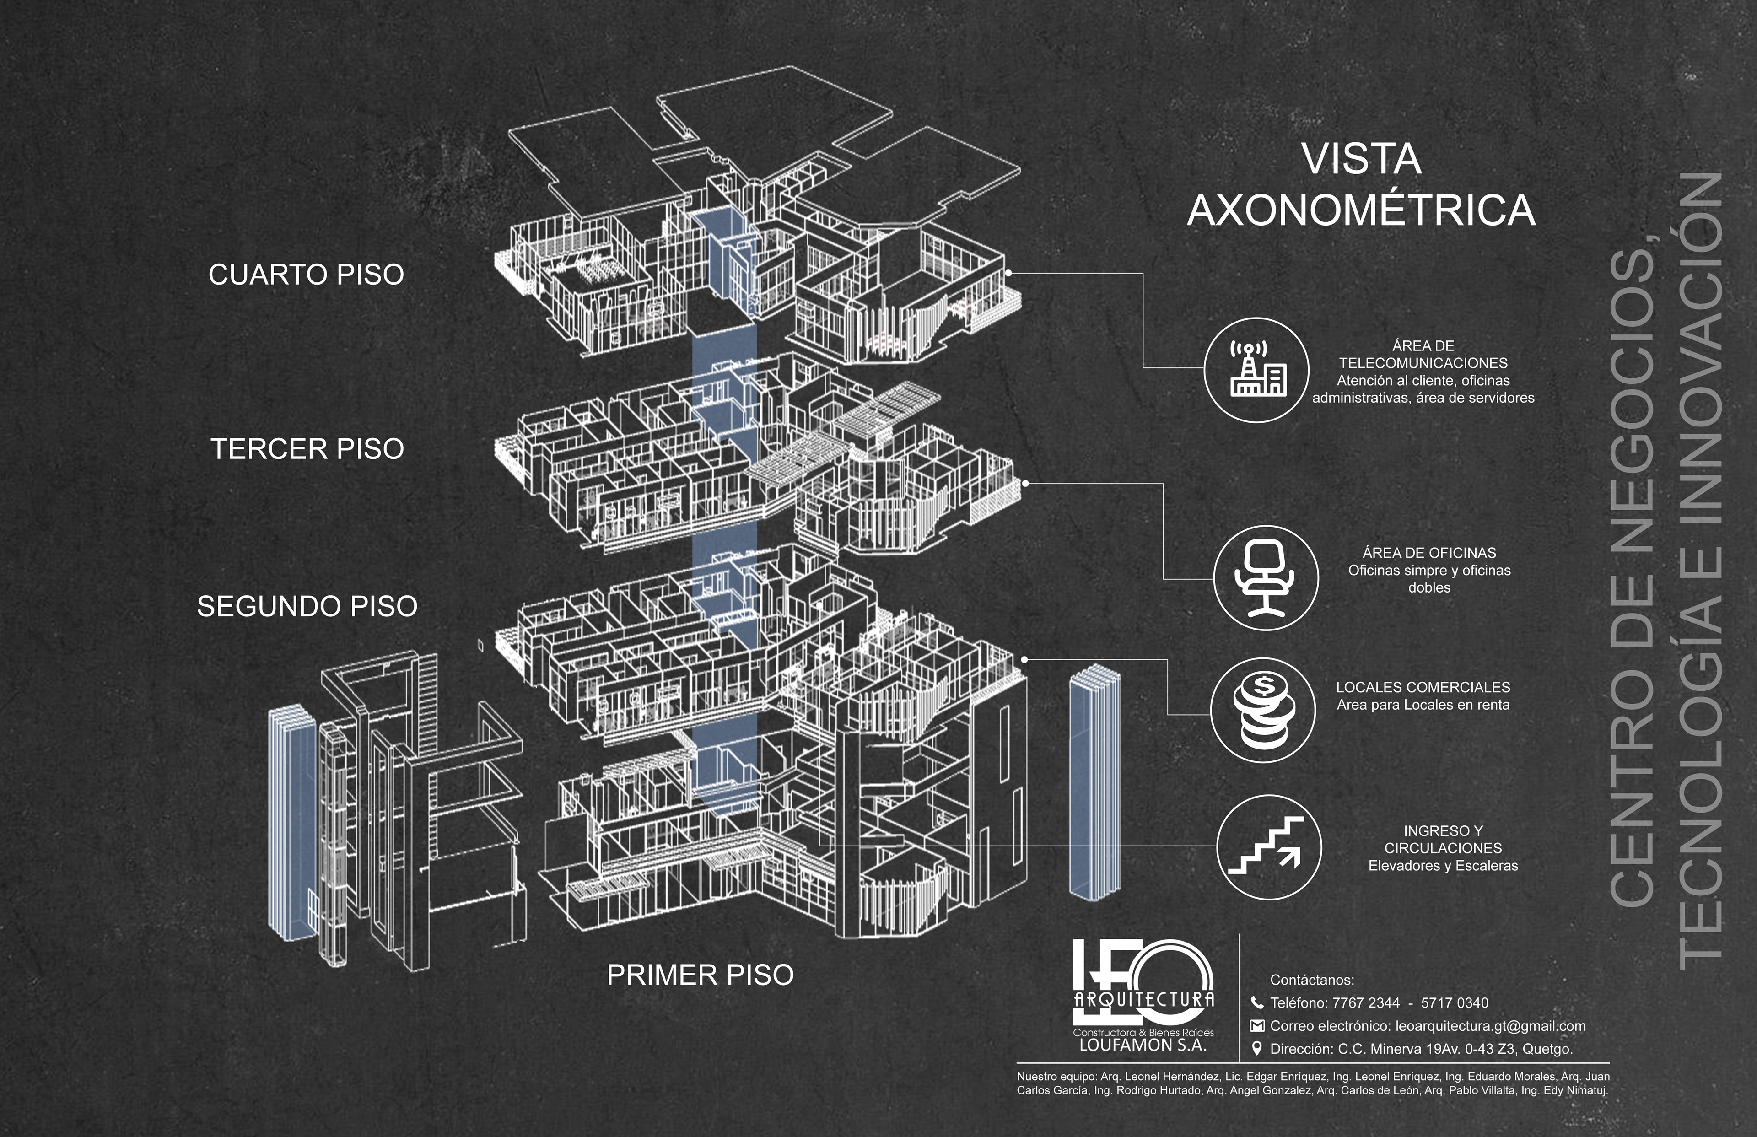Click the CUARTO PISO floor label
coord(307,275)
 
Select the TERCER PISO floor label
coord(307,449)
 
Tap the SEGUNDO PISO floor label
coord(307,606)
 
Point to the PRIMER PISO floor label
coord(700,975)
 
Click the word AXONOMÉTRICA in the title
coord(1361,210)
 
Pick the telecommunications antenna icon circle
coord(1256,370)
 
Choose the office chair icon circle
coord(1266,577)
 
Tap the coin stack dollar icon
coord(1262,710)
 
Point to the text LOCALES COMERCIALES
coord(1423,687)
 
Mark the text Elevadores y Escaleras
coord(1443,865)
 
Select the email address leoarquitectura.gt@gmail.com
coord(1490,1025)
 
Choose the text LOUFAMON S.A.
coord(1143,1045)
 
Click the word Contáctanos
coord(1312,980)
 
